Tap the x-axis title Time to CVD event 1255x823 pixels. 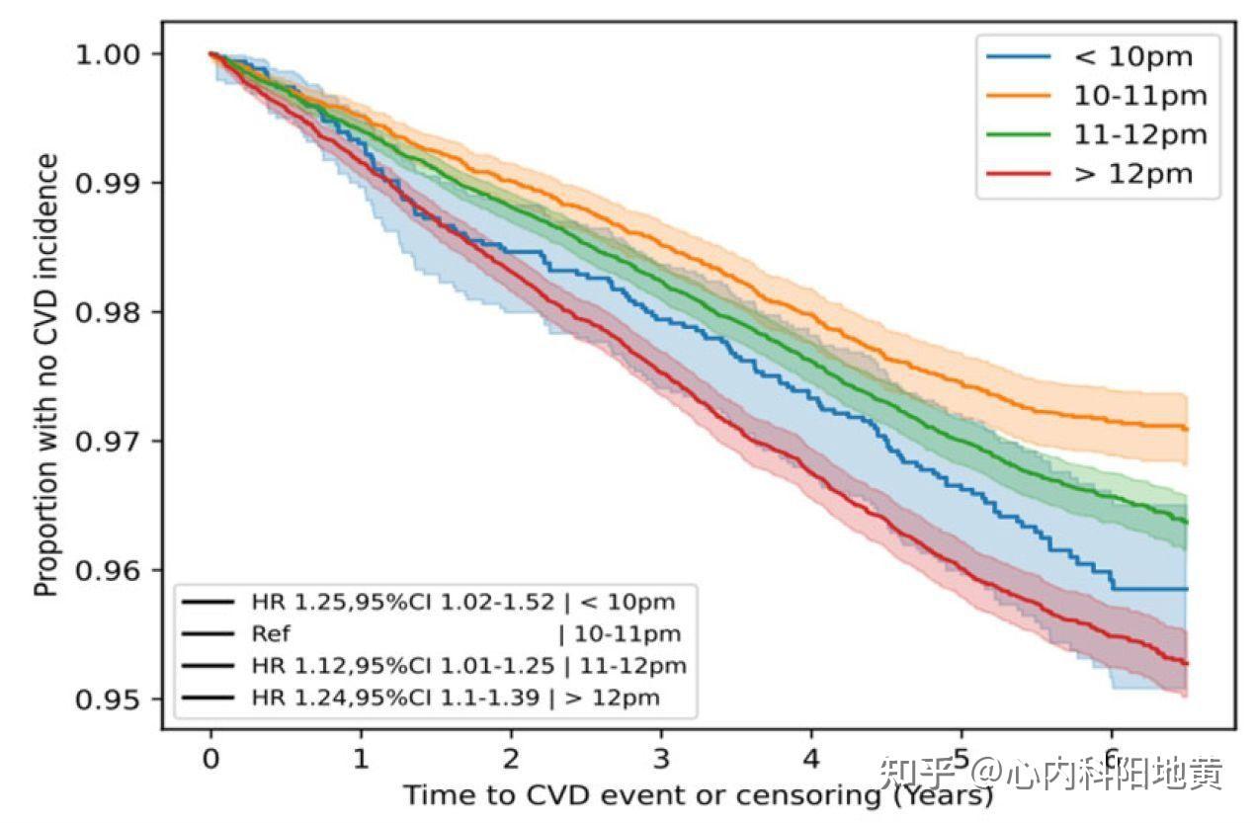point(698,795)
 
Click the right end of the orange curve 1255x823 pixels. point(1186,428)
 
